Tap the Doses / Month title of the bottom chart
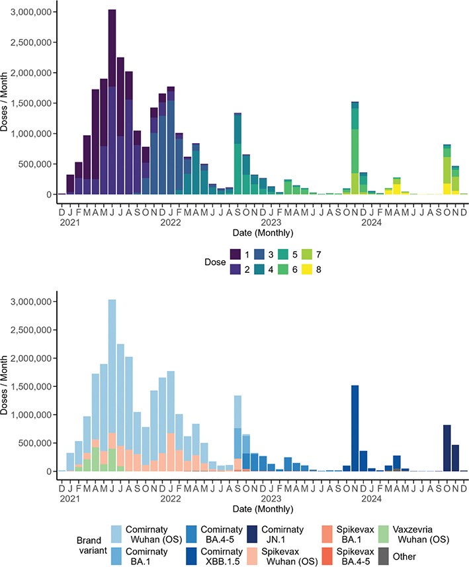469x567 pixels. coord(6,386)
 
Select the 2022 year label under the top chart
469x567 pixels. coord(171,223)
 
